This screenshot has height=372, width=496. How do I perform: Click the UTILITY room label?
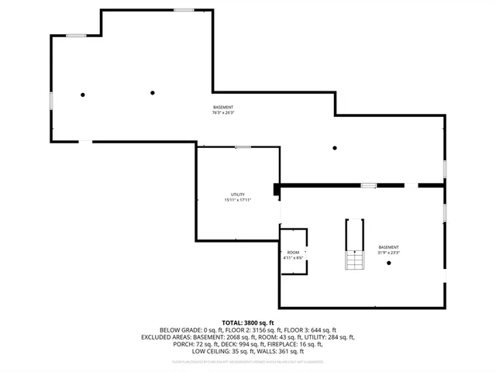238,195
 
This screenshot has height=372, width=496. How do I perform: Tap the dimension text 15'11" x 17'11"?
238,200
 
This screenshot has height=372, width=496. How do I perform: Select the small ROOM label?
293,252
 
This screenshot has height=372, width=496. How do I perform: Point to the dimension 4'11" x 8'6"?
293,257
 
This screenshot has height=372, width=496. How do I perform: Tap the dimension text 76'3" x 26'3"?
223,112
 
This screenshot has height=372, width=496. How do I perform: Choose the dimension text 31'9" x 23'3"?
388,253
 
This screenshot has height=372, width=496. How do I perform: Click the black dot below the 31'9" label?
389,263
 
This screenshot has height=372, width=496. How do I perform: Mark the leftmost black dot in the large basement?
83,95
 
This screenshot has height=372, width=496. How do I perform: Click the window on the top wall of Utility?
243,146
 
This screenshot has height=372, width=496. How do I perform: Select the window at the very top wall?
184,10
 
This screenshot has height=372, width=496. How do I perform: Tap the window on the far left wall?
51,100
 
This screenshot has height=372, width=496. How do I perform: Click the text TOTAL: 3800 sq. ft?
248,322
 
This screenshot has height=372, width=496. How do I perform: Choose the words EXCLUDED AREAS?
167,336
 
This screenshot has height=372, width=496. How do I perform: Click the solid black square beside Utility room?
277,188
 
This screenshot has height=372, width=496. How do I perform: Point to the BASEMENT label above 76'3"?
223,107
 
